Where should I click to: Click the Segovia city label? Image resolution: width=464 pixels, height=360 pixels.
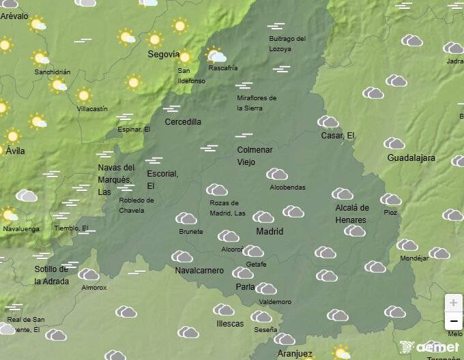pyautogui.click(x=164, y=55)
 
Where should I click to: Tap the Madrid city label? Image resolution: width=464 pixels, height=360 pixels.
pyautogui.click(x=270, y=232)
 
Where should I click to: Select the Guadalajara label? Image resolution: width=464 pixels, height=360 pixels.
pyautogui.click(x=411, y=157)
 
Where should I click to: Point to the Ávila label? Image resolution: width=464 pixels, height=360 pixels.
pyautogui.click(x=15, y=151)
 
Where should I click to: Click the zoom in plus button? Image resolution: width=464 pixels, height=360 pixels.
pyautogui.click(x=454, y=302)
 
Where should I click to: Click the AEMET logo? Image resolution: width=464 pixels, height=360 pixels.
pyautogui.click(x=430, y=347)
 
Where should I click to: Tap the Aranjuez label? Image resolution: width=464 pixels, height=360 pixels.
pyautogui.click(x=295, y=354)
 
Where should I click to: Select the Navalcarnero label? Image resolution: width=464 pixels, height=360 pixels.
pyautogui.click(x=199, y=271)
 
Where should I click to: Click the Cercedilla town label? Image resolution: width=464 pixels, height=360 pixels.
pyautogui.click(x=183, y=122)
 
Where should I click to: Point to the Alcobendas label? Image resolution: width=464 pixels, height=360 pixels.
pyautogui.click(x=287, y=187)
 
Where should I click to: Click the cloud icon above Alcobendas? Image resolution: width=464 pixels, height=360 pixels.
pyautogui.click(x=276, y=175)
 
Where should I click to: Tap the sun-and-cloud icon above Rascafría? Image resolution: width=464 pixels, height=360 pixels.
pyautogui.click(x=216, y=55)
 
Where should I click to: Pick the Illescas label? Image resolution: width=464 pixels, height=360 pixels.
pyautogui.click(x=229, y=324)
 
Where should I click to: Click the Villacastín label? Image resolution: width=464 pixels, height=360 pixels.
pyautogui.click(x=92, y=108)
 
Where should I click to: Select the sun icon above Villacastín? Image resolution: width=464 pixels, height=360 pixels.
pyautogui.click(x=84, y=95)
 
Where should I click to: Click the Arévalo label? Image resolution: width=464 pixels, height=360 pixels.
pyautogui.click(x=15, y=16)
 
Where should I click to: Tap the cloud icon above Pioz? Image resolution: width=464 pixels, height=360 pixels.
pyautogui.click(x=391, y=200)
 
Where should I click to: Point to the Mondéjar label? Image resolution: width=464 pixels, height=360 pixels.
pyautogui.click(x=414, y=258)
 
